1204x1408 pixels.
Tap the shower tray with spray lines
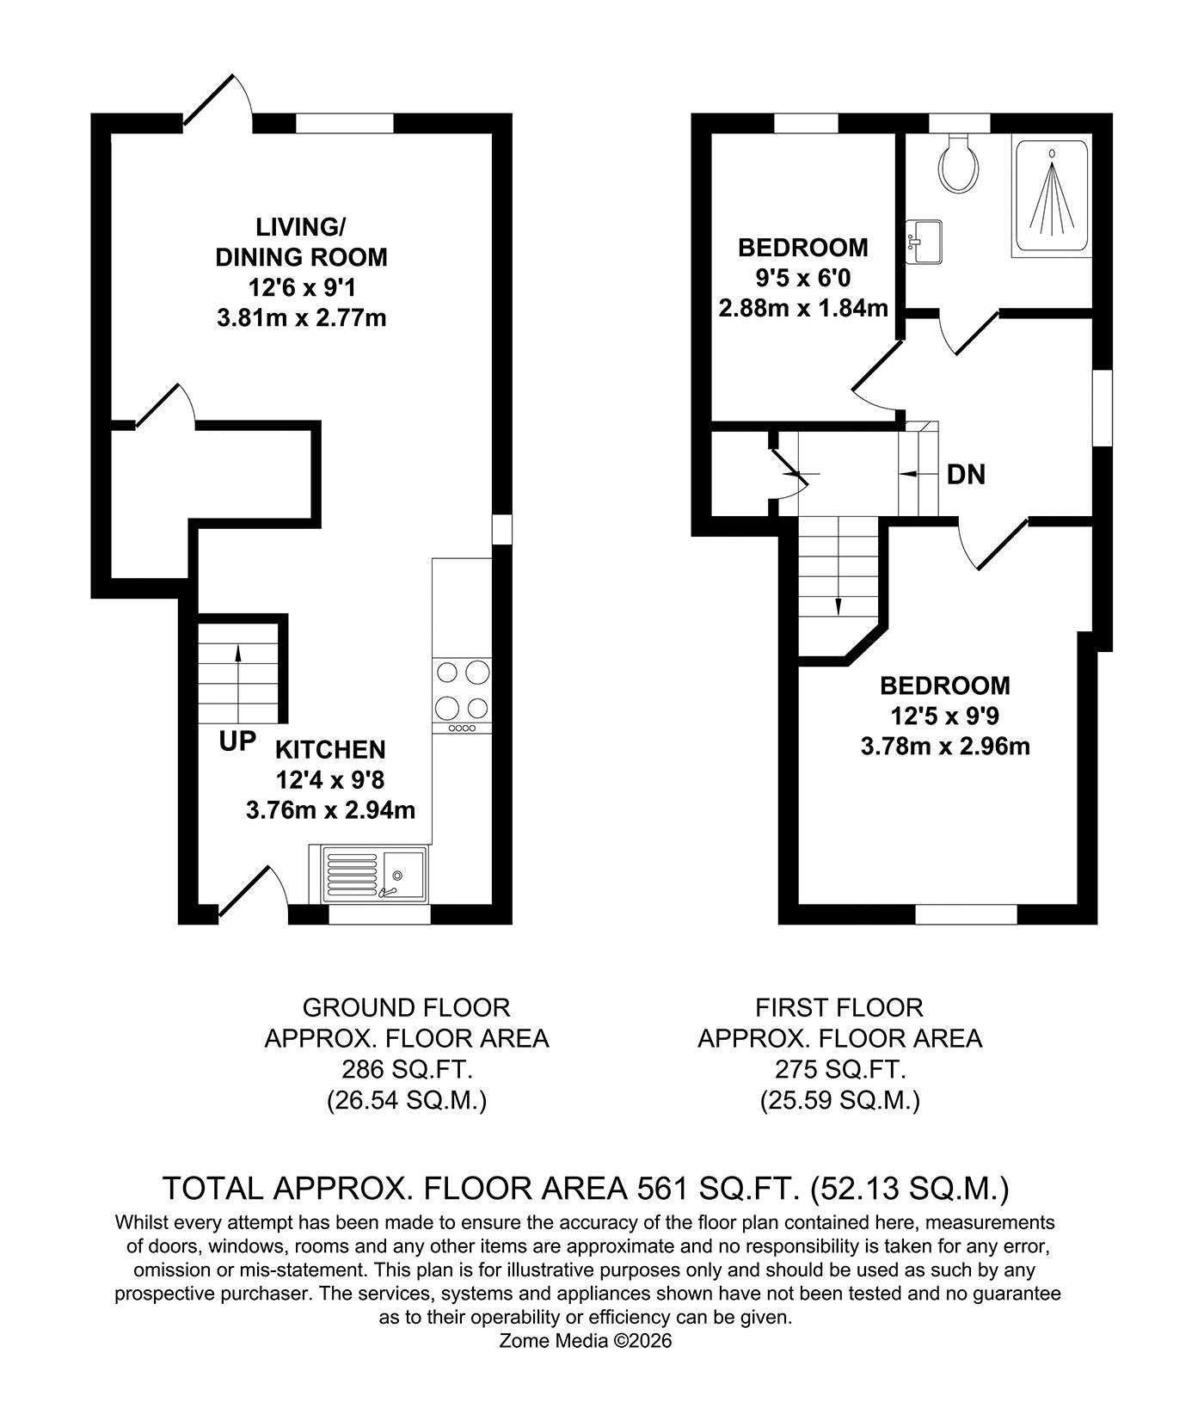coord(1053,197)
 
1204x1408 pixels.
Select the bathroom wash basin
coord(925,240)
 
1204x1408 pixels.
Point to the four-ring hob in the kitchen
coord(463,689)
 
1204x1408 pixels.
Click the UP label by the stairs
coord(237,741)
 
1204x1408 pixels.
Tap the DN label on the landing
coord(965,474)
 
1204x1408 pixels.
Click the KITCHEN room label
coord(330,749)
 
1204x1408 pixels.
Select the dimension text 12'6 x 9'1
coord(301,287)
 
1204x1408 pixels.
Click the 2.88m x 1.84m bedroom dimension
coord(803,307)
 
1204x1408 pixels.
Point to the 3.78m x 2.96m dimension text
coord(944,746)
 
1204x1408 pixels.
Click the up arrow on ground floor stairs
coord(238,661)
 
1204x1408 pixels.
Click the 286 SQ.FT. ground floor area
coord(407,1069)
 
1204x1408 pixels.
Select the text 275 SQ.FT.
coord(839,1069)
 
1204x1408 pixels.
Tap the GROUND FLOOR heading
coord(407,1006)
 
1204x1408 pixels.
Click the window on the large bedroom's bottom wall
coord(966,914)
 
